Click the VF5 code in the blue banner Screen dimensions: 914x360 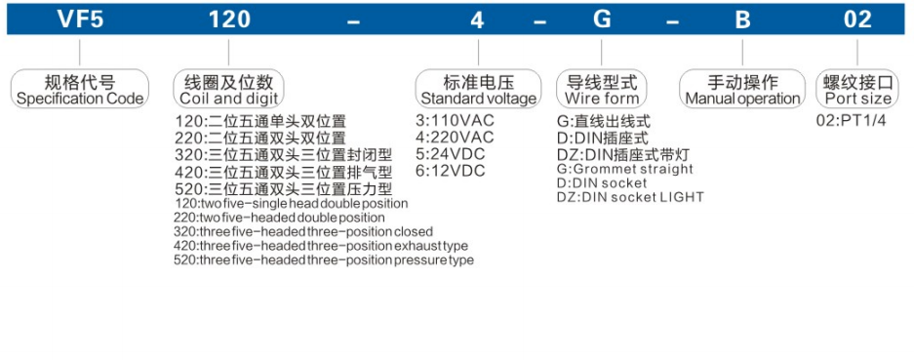[x=79, y=20]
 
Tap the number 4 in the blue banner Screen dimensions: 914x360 [x=477, y=20]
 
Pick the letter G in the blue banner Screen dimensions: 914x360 [x=602, y=20]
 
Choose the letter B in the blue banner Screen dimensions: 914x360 [x=742, y=20]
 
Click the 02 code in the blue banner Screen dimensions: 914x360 [x=857, y=20]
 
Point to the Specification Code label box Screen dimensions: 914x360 [x=80, y=89]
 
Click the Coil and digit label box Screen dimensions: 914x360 [x=228, y=89]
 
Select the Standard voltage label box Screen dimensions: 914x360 [x=478, y=89]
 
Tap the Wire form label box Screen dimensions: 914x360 [x=602, y=89]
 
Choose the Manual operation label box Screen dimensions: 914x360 [x=742, y=89]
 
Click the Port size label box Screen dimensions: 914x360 [x=858, y=89]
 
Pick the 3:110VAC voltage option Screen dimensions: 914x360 [x=455, y=121]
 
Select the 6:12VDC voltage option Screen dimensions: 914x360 [x=451, y=171]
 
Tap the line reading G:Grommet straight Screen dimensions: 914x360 [x=624, y=169]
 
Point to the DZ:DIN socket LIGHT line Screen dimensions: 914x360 [x=629, y=197]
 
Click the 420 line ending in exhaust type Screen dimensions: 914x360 [x=320, y=246]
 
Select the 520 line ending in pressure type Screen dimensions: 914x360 [x=323, y=260]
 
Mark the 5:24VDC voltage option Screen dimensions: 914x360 [x=451, y=154]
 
